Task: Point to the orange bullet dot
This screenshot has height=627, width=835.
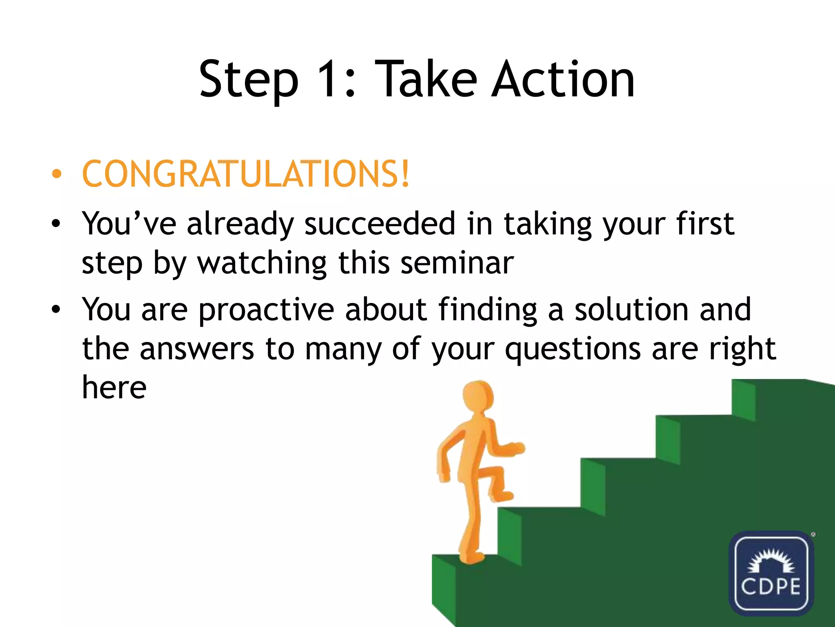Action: [57, 174]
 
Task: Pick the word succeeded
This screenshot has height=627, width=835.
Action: [380, 224]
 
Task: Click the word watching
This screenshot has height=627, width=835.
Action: [262, 263]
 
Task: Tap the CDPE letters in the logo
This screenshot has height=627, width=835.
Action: [771, 587]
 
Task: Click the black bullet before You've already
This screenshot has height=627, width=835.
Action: [56, 224]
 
